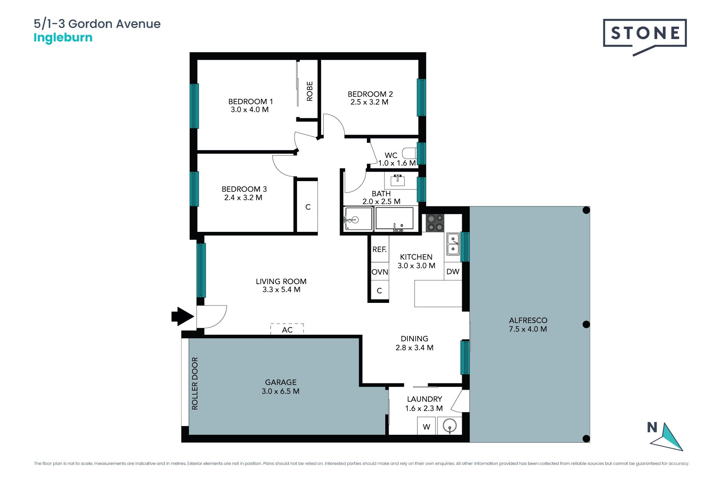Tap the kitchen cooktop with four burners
[435, 223]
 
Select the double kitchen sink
[453, 244]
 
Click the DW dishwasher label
[453, 272]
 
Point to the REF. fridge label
[379, 249]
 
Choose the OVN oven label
[380, 272]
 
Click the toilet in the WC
[409, 153]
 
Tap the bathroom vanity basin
[398, 180]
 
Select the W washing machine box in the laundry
[427, 426]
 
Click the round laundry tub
[449, 426]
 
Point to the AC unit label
[287, 330]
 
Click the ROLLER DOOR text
[195, 383]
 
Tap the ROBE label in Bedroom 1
[309, 91]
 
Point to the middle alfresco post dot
[586, 324]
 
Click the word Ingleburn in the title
[63, 38]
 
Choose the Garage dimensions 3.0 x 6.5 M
[281, 391]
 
